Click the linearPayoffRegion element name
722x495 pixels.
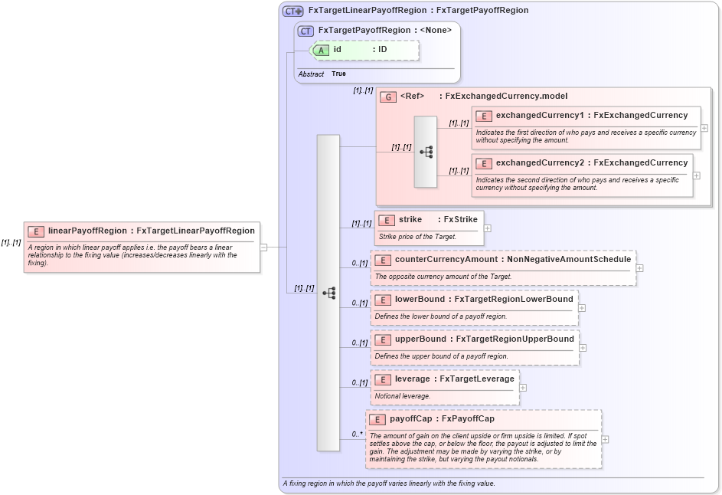pos(87,231)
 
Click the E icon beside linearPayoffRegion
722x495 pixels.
pos(36,231)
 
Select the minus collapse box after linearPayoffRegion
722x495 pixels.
pos(263,247)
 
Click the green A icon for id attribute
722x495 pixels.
pos(322,50)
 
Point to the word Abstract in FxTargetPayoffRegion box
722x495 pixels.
pos(311,74)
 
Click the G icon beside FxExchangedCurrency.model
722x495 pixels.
pos(388,97)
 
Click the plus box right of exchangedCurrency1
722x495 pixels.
pos(704,128)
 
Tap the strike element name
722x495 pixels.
pos(410,220)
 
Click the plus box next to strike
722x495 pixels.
pos(487,228)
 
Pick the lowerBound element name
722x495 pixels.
pos(419,300)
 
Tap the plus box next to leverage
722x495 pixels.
pos(523,387)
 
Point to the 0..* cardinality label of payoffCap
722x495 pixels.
pos(357,434)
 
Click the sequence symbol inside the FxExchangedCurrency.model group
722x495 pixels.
pos(426,152)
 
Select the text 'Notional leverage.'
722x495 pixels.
pos(403,396)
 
